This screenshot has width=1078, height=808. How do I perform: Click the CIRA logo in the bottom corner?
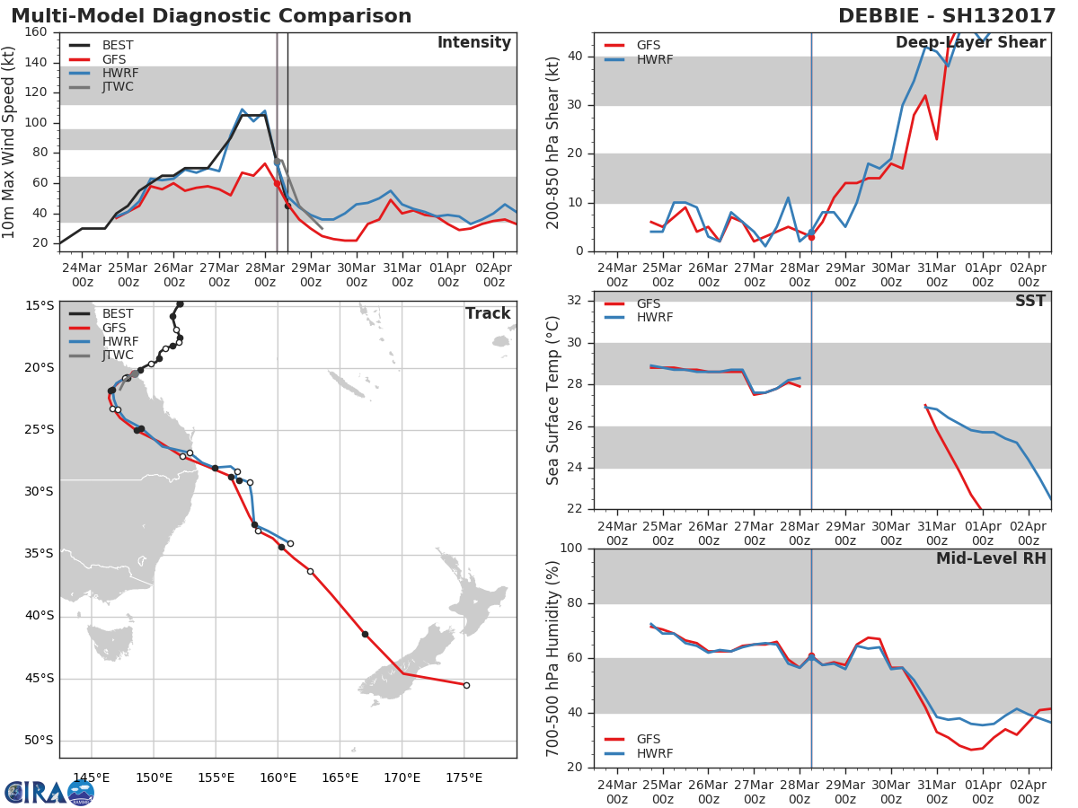pos(49,792)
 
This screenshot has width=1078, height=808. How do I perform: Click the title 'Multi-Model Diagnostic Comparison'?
pos(211,15)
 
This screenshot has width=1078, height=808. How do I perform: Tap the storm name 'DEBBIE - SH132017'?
pos(947,15)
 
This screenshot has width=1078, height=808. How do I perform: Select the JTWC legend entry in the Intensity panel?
pos(102,87)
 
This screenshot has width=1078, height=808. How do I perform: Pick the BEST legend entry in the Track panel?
pos(102,313)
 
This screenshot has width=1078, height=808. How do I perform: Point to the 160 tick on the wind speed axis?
pos(36,32)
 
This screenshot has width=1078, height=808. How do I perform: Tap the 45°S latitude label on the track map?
pos(40,679)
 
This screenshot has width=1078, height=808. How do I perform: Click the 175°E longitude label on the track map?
pos(464,777)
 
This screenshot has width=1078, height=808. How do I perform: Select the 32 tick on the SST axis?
pos(575,300)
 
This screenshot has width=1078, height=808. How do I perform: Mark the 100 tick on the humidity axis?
pos(571,548)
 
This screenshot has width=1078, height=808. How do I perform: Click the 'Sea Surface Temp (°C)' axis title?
pos(552,400)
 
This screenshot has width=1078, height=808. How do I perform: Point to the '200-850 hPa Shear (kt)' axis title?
pos(552,143)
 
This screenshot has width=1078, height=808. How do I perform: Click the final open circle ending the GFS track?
pos(466,685)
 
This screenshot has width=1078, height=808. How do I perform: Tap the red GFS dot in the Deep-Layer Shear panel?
pos(811,237)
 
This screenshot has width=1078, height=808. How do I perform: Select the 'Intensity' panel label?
pos(474,43)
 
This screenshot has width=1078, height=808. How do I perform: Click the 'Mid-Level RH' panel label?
pos(991,558)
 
